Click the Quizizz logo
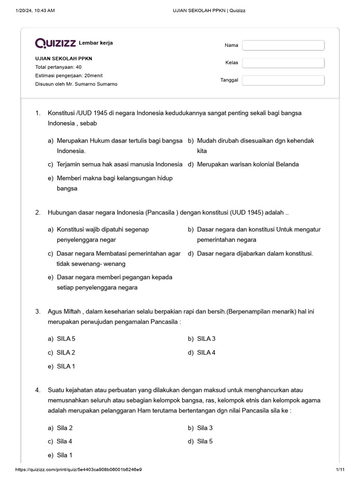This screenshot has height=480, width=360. point(55,43)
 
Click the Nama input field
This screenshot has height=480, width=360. point(283,45)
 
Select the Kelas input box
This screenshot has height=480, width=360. point(283,63)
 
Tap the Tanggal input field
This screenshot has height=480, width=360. point(283,80)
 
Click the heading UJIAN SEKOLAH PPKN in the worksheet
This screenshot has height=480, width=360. point(64,59)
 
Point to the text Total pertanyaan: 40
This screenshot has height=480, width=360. point(58,67)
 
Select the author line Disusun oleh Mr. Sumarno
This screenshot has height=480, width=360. point(76,84)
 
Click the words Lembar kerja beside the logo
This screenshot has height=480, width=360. point(96,43)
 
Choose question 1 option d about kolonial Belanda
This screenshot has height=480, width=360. point(247,165)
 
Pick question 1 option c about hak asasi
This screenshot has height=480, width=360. point(119,165)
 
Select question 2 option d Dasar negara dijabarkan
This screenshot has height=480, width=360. point(255,254)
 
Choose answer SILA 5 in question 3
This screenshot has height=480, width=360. point(66,339)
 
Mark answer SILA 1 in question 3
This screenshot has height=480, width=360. point(66,366)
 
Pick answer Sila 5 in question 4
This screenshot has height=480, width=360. point(205,441)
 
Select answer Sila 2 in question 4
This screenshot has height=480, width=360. point(65,428)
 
